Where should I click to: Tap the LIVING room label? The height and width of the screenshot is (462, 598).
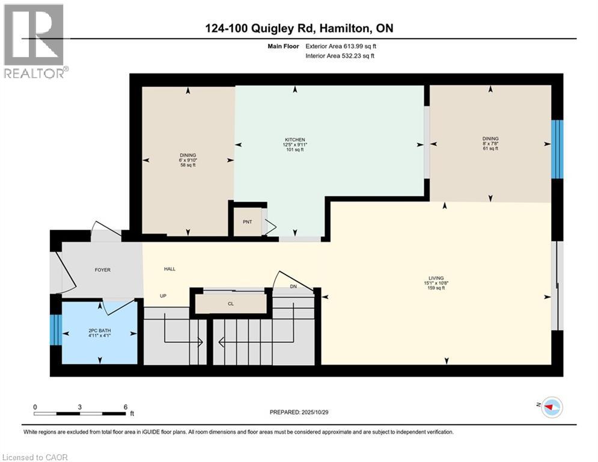click(x=445, y=278)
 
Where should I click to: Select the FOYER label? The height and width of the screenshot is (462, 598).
click(x=102, y=270)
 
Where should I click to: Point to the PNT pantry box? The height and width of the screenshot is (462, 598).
click(x=246, y=222)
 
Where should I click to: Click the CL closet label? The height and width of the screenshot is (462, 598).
click(x=230, y=304)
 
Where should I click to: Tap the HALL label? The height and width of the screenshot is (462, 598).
click(x=169, y=269)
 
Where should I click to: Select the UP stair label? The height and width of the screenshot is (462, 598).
click(x=163, y=296)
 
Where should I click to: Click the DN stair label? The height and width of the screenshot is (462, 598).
click(x=293, y=287)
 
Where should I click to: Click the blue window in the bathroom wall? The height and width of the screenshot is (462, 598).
click(x=55, y=330)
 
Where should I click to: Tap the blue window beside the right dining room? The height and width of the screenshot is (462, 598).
click(x=557, y=149)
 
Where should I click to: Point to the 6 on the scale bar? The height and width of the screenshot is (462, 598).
click(x=124, y=407)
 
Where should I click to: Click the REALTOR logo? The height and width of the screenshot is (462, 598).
click(x=34, y=41)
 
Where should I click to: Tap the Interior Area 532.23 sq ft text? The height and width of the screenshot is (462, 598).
click(x=340, y=56)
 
